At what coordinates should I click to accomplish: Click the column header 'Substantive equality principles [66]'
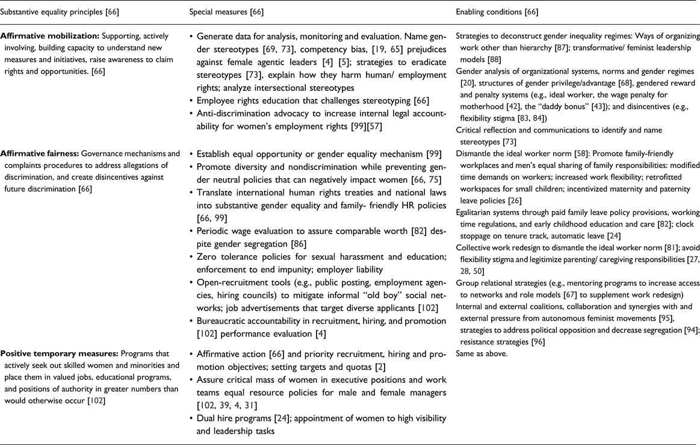58,11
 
